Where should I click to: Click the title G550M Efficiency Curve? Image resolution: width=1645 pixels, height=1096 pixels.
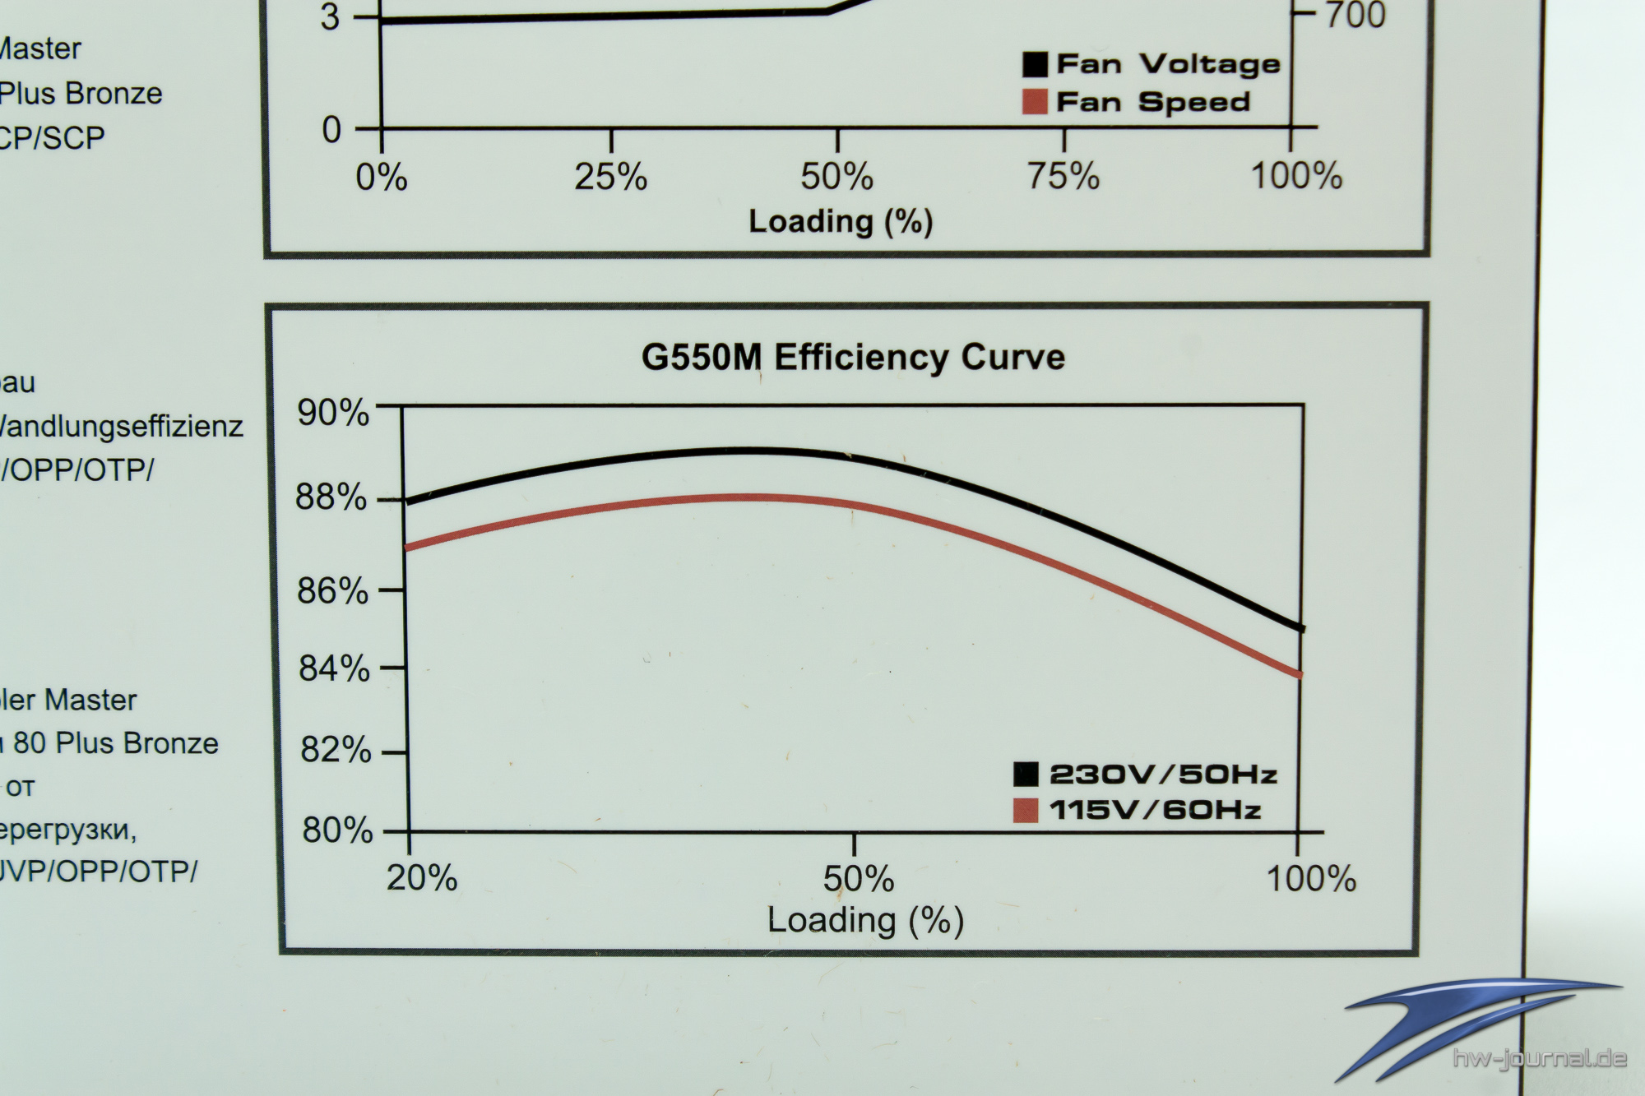(853, 358)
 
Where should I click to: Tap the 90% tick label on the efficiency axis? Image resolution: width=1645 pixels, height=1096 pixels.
(333, 412)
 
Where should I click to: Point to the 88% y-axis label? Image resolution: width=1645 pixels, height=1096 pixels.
(331, 497)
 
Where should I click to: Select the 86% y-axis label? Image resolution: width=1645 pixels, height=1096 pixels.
(332, 591)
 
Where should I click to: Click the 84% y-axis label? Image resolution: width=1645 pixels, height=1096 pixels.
(334, 668)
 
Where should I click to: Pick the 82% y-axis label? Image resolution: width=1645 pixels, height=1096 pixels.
(336, 750)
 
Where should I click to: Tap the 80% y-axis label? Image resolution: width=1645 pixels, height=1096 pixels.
(337, 830)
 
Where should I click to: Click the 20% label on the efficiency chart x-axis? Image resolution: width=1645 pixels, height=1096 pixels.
(422, 879)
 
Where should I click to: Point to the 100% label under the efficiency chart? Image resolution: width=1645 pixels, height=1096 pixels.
(1310, 880)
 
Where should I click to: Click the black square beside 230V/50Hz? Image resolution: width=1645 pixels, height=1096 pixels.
(1026, 775)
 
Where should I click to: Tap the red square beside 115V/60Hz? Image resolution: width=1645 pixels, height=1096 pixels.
(1026, 811)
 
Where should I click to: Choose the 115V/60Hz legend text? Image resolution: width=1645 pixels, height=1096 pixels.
(1155, 811)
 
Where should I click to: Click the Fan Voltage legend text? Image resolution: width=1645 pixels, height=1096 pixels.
(1168, 64)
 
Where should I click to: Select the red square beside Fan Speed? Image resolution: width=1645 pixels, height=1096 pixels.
(1035, 102)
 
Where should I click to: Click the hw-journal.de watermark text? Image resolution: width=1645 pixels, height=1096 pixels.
(1539, 1058)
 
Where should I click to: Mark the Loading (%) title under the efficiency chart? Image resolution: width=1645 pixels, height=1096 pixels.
(864, 921)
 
